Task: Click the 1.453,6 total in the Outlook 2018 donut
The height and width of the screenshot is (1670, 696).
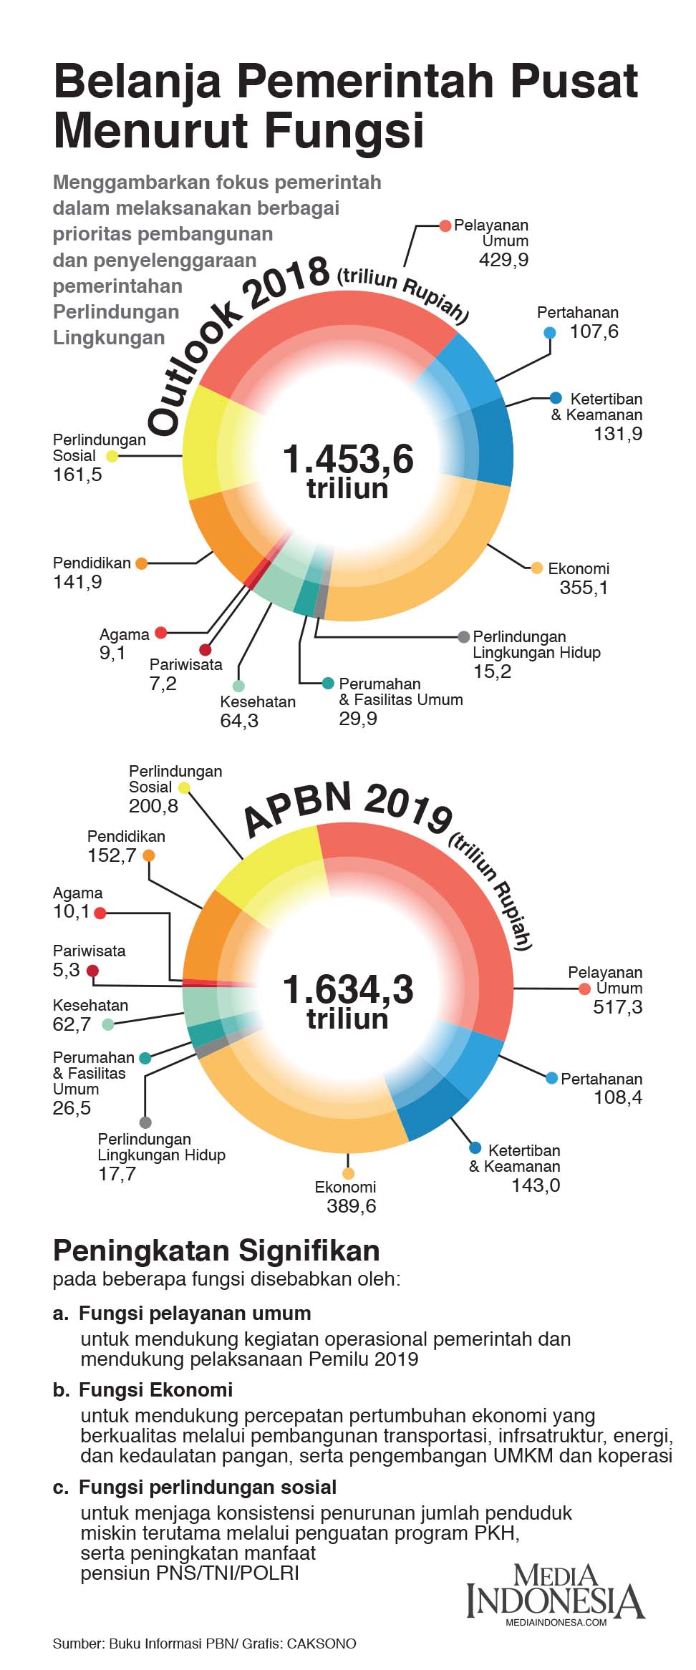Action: click(348, 460)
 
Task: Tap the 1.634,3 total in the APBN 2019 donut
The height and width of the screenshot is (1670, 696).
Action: click(348, 990)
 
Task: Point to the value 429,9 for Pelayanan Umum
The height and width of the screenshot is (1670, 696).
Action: click(503, 259)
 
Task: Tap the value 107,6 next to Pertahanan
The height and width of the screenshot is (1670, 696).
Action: click(594, 331)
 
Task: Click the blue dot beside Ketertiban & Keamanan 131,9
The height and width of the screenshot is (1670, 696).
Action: click(556, 398)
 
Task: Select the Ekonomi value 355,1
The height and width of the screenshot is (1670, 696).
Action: click(584, 588)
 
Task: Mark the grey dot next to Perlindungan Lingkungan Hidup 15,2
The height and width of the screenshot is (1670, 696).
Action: click(464, 636)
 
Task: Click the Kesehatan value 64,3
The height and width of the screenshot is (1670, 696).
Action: click(239, 720)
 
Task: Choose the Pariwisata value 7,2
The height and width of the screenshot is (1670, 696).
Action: click(163, 684)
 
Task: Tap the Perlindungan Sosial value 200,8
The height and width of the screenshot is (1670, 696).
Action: click(153, 805)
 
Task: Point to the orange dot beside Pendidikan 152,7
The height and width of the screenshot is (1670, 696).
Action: click(149, 855)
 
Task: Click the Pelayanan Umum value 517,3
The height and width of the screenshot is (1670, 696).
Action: click(617, 1007)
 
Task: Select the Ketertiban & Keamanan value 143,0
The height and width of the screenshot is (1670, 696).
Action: click(535, 1185)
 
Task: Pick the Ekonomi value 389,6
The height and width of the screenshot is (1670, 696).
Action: click(351, 1206)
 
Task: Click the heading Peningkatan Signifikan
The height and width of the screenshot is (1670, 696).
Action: click(216, 1251)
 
